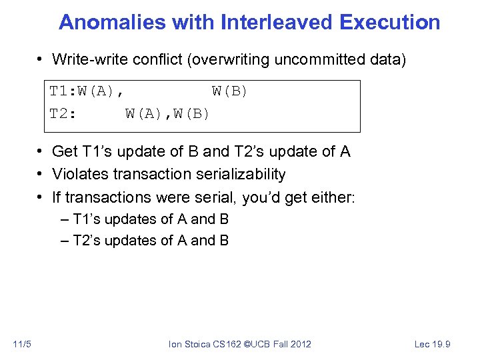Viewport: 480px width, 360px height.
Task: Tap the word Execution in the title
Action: point(389,22)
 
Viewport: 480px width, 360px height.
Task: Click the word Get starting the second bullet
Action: point(65,152)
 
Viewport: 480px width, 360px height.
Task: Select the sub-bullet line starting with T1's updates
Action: point(151,219)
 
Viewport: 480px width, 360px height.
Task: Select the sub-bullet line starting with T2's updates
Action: point(151,241)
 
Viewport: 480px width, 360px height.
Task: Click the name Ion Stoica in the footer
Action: point(190,344)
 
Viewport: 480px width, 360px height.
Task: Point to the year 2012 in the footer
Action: point(299,344)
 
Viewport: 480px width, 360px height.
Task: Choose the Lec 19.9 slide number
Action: point(433,344)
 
